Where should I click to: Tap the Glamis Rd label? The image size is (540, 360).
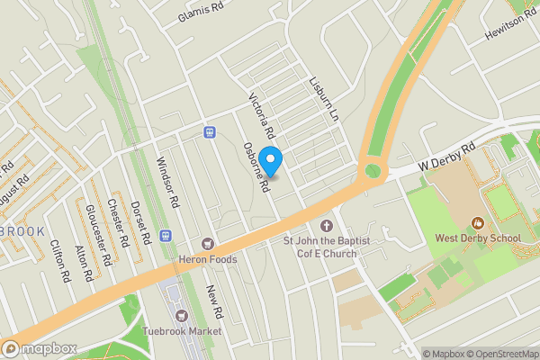click(x=200, y=13)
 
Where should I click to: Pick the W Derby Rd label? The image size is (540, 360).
click(x=446, y=157)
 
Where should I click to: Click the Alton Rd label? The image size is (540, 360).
click(x=84, y=262)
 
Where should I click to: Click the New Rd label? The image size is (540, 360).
click(x=213, y=304)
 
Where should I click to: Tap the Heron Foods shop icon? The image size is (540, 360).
click(x=209, y=244)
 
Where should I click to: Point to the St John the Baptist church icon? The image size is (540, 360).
click(x=326, y=224)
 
